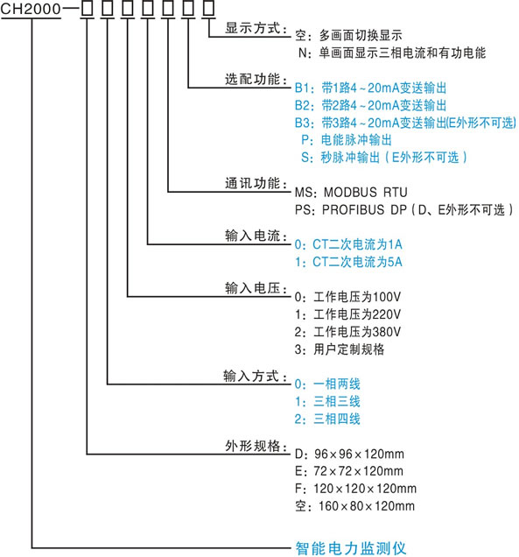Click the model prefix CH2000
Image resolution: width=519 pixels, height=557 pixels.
tap(31, 9)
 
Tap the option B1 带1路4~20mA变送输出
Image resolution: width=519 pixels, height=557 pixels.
tap(370, 88)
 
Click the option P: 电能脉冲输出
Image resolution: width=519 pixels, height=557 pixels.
tap(346, 140)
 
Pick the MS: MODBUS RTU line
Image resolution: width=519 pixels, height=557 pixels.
tap(351, 192)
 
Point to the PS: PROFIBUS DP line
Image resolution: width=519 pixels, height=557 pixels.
tap(404, 209)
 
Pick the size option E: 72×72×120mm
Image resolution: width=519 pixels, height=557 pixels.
tap(349, 471)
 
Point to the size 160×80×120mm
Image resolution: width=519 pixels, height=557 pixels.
tap(367, 506)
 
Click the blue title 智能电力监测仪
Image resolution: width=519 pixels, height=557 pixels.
tap(351, 547)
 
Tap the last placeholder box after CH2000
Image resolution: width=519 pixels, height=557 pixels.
tap(208, 9)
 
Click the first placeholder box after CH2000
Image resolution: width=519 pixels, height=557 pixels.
tap(87, 9)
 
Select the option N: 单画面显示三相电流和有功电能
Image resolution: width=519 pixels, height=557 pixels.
tap(391, 53)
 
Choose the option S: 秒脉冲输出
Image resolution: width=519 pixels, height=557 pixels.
tap(383, 158)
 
